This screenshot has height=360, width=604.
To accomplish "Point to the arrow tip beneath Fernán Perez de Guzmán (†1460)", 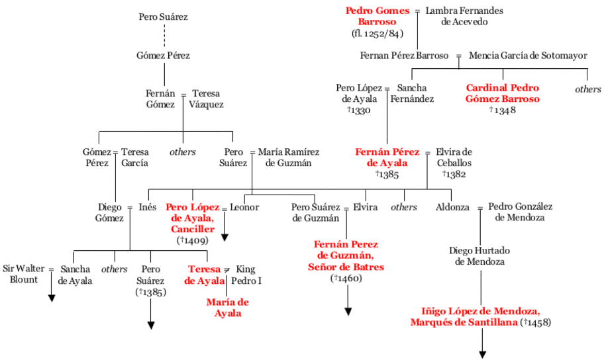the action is (x=348, y=316).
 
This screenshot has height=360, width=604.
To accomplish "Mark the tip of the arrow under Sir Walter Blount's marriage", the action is (x=51, y=302).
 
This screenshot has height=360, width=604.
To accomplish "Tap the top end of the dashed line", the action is (x=164, y=24).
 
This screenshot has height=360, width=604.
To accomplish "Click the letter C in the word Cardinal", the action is (x=470, y=88).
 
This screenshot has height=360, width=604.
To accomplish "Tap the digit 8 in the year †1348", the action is (x=513, y=110).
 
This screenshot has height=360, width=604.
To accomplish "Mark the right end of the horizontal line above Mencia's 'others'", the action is (x=587, y=69).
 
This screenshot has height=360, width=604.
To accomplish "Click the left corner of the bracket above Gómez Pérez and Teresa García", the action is (x=99, y=132).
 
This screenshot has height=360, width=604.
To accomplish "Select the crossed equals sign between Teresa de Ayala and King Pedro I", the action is (x=227, y=269).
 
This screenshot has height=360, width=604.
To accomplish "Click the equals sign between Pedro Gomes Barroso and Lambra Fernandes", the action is (x=417, y=11).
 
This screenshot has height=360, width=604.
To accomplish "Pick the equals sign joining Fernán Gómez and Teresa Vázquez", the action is (x=183, y=95).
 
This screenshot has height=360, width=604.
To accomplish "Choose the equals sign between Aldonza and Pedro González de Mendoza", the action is (x=480, y=208).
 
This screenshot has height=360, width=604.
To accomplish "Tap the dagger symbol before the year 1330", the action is (x=348, y=109).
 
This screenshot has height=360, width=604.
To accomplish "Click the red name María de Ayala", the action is (x=228, y=308).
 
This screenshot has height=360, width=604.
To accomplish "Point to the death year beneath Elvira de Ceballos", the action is (x=454, y=174).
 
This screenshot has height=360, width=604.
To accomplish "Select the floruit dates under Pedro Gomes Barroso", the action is (x=377, y=34).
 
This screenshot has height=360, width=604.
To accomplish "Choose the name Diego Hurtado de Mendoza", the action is (x=479, y=256).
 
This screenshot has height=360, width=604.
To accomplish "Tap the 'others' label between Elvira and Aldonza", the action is (x=404, y=207).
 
